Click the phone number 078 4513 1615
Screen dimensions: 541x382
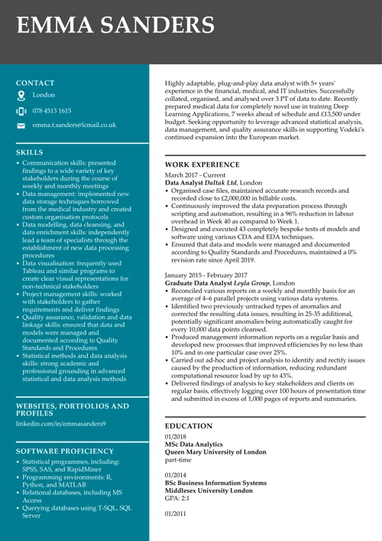[x=52, y=110]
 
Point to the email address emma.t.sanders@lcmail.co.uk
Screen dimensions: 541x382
[x=74, y=124]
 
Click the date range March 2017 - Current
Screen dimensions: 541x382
[x=196, y=175]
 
